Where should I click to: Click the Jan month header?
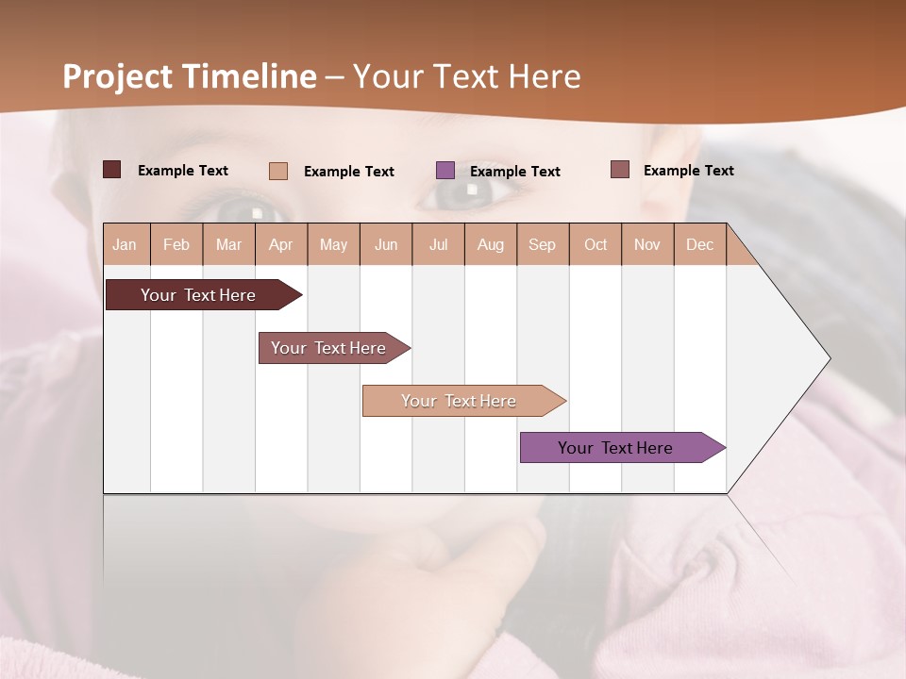point(125,244)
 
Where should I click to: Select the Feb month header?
point(176,244)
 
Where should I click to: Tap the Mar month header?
point(228,244)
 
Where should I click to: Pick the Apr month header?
point(281,244)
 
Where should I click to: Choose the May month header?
point(333,244)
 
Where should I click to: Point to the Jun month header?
point(386,244)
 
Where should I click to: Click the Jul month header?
point(438,244)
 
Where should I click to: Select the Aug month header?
point(491,244)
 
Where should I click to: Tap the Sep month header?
point(543,244)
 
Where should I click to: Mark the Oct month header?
point(596,244)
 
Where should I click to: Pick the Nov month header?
point(647,244)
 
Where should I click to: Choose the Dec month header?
point(700,244)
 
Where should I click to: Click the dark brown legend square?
point(111,170)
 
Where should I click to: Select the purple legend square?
point(445,171)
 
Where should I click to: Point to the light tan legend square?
point(278,171)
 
